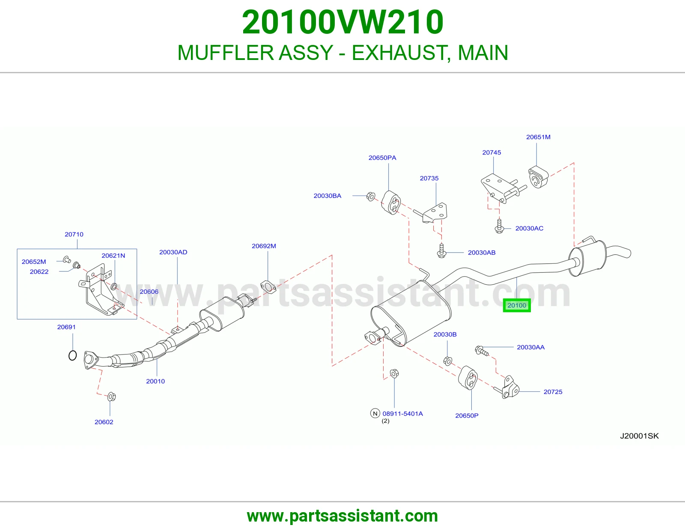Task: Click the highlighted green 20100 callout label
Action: pyautogui.click(x=517, y=305)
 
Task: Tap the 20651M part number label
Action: pyautogui.click(x=538, y=137)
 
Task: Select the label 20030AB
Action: pyautogui.click(x=481, y=252)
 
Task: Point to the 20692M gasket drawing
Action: pyautogui.click(x=268, y=286)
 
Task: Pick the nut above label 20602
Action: pyautogui.click(x=111, y=397)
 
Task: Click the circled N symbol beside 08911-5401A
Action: pyautogui.click(x=375, y=413)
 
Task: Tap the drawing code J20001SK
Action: pyautogui.click(x=639, y=436)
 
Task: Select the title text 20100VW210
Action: pyautogui.click(x=342, y=22)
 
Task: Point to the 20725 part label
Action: pyautogui.click(x=553, y=392)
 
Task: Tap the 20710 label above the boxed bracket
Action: pyautogui.click(x=74, y=234)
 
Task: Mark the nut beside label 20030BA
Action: pyautogui.click(x=371, y=197)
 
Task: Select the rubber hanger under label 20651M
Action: pyautogui.click(x=539, y=176)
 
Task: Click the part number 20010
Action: pyautogui.click(x=155, y=381)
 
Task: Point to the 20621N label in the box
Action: pyautogui.click(x=113, y=255)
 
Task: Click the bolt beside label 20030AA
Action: pyautogui.click(x=482, y=351)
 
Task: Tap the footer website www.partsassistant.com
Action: pyautogui.click(x=342, y=516)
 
